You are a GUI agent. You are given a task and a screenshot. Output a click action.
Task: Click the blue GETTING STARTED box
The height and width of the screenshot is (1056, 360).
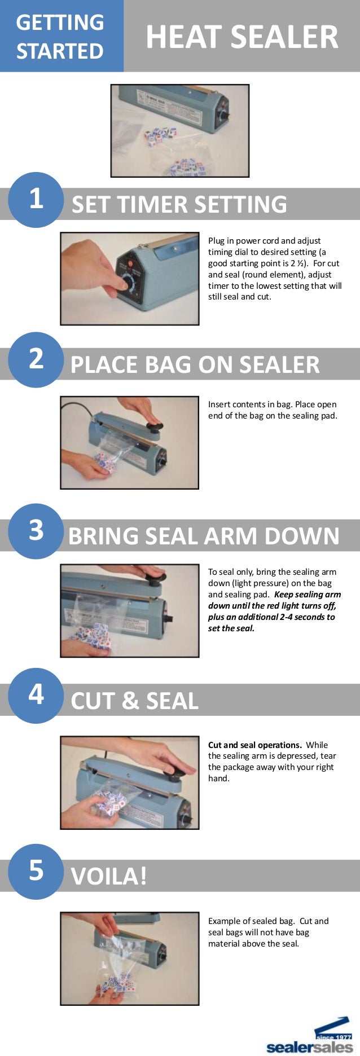click(61, 36)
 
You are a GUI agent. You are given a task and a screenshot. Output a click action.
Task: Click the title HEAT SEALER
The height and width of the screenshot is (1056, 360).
click(242, 37)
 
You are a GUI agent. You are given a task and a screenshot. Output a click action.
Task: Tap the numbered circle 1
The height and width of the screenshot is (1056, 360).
click(36, 199)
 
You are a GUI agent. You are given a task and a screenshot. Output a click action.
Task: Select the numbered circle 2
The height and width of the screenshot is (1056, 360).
click(36, 359)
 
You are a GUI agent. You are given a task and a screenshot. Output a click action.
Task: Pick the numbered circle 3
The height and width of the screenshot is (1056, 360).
click(36, 531)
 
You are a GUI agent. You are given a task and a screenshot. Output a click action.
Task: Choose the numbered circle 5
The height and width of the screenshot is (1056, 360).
click(36, 871)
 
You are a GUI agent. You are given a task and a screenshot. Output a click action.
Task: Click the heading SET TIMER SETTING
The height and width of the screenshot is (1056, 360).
click(179, 204)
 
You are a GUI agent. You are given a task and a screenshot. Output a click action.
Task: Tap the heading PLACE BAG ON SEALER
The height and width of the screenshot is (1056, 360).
click(195, 365)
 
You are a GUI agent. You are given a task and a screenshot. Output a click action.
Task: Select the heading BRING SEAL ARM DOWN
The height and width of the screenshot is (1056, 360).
click(204, 536)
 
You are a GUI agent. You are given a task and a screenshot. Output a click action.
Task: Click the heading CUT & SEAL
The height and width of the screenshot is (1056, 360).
click(134, 701)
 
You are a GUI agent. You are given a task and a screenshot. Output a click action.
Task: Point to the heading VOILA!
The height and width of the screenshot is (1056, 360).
click(109, 877)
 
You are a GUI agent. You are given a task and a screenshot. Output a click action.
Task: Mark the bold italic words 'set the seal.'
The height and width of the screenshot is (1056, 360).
click(231, 628)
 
